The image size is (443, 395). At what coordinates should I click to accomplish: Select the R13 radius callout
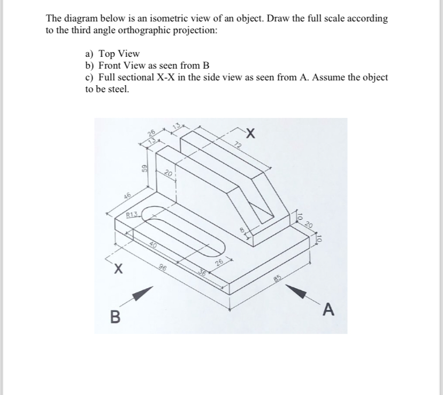(132, 216)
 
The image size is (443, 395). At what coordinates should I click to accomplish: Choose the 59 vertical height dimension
(143, 169)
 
